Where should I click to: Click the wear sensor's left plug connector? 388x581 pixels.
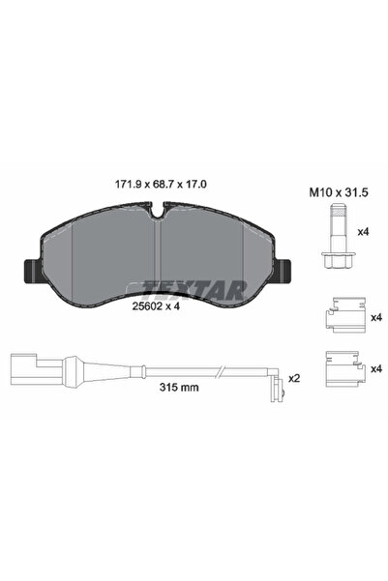tap(26, 367)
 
